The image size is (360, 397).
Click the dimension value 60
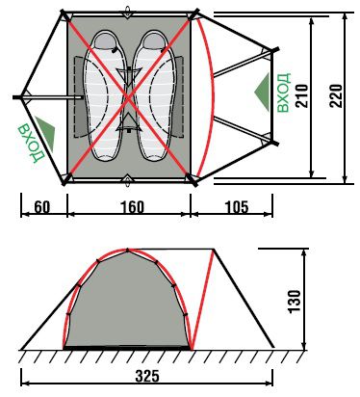pos(42,207)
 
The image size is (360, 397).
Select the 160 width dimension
pos(132,207)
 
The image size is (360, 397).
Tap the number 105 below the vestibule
pos(237,207)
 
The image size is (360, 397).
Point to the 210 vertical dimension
pos(302,95)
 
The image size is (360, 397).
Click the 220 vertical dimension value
pos(336,95)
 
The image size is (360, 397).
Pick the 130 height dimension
pos(295,301)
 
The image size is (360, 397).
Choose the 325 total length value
pos(147,376)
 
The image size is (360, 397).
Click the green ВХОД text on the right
pos(284,93)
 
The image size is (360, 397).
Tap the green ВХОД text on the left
pos(31,143)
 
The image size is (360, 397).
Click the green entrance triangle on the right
pos(264,93)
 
